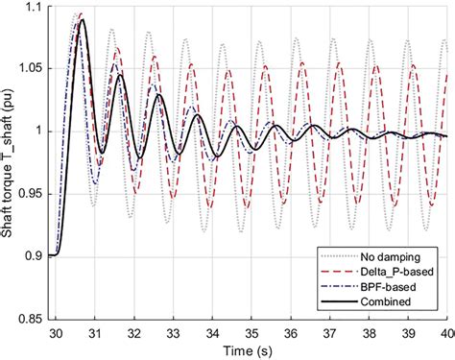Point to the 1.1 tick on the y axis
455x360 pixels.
coord(33,9)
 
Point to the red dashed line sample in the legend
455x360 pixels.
coord(337,273)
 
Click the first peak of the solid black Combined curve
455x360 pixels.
coord(83,20)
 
